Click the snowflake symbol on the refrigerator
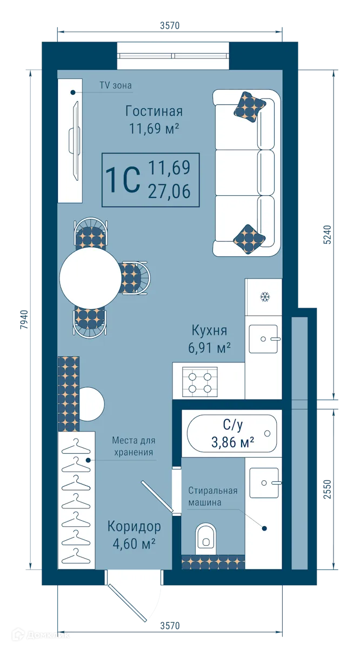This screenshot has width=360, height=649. click(265, 297)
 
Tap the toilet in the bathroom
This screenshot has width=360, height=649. click(205, 536)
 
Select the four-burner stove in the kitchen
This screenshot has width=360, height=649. click(200, 381)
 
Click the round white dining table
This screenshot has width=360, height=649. click(90, 277)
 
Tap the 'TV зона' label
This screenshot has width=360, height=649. click(115, 85)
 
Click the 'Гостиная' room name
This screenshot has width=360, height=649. click(154, 111)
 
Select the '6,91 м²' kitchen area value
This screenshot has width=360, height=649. click(209, 348)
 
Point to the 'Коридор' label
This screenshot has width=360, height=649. click(134, 526)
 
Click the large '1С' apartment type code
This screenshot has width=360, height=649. click(123, 180)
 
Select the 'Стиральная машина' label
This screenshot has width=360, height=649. click(213, 496)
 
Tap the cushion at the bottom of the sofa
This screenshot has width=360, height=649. click(249, 239)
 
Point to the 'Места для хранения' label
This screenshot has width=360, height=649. click(133, 447)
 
